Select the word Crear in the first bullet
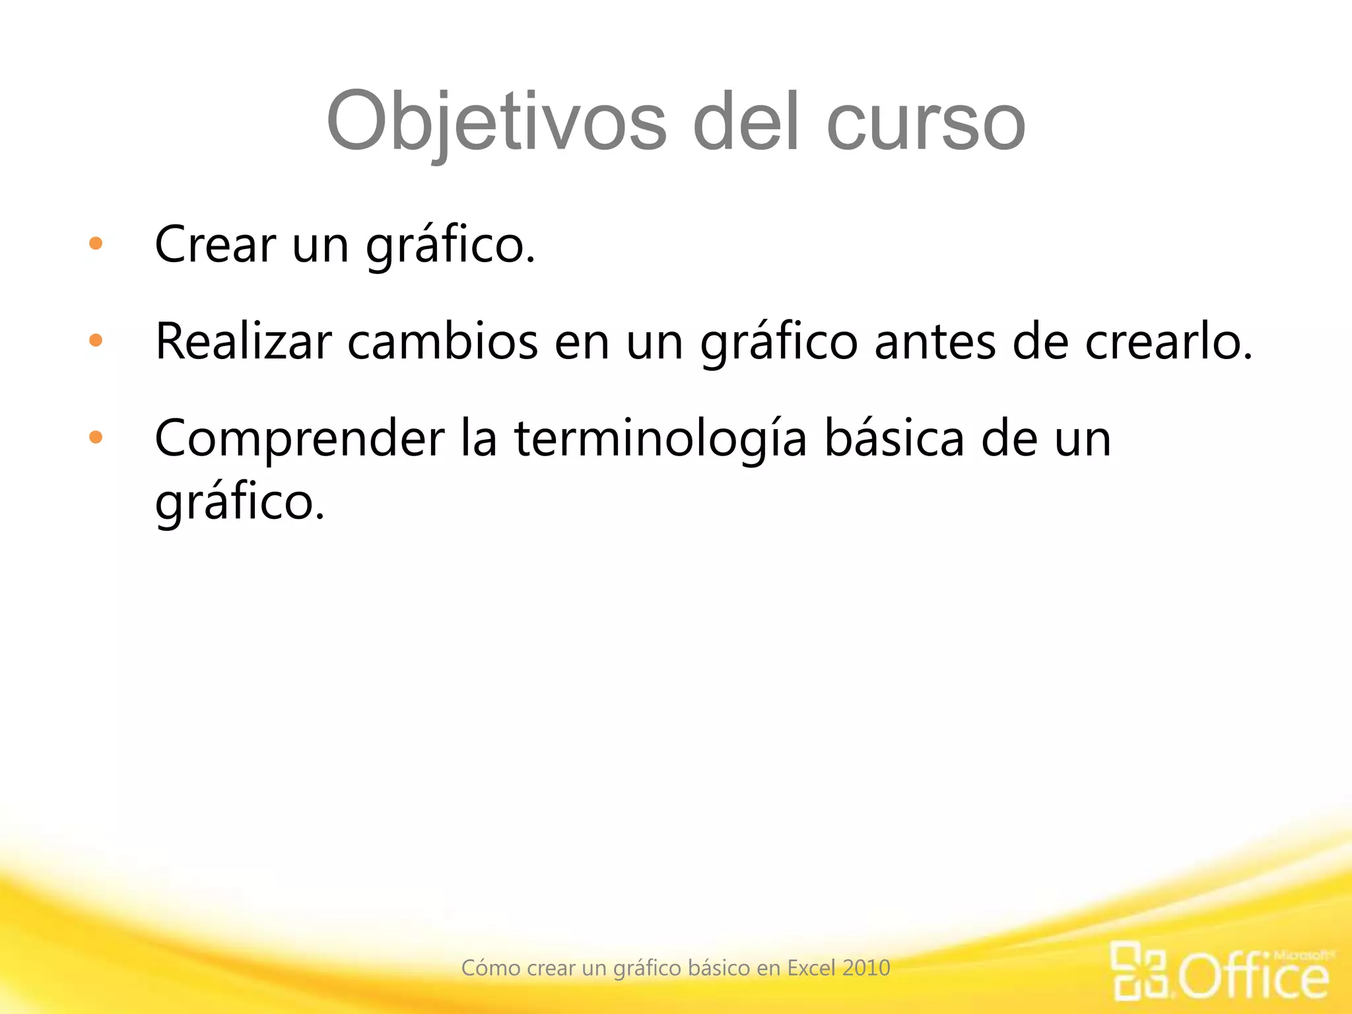tap(215, 244)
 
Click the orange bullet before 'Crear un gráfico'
tap(96, 244)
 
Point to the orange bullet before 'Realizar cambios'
tap(96, 341)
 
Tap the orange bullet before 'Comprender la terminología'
tap(96, 437)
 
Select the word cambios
tap(442, 341)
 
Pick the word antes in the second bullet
tap(935, 341)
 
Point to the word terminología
tap(660, 439)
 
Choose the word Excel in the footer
tap(812, 968)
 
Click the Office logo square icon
tap(1140, 970)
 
